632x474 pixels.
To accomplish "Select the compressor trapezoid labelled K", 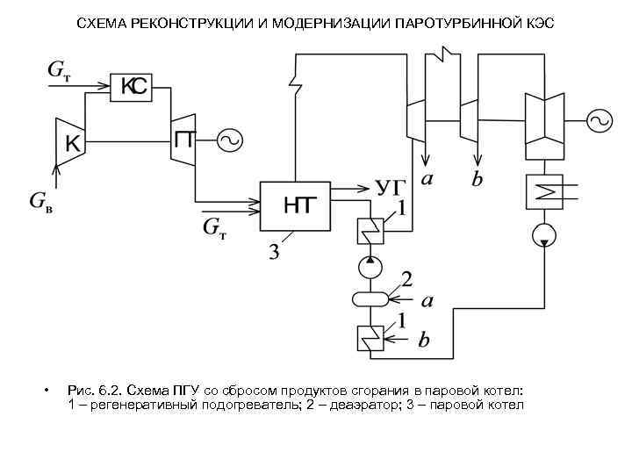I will click(69, 141).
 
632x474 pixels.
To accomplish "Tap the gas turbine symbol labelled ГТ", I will click(184, 139).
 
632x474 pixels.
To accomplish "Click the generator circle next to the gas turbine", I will click(229, 140).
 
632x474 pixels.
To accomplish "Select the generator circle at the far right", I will click(600, 122).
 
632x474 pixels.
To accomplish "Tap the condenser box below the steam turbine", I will click(543, 191).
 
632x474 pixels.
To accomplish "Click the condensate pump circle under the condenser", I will click(543, 235).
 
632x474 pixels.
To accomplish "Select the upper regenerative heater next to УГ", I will click(370, 231).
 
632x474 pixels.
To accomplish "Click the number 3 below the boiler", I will click(273, 254).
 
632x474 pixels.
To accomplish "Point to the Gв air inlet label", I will click(40, 203).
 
